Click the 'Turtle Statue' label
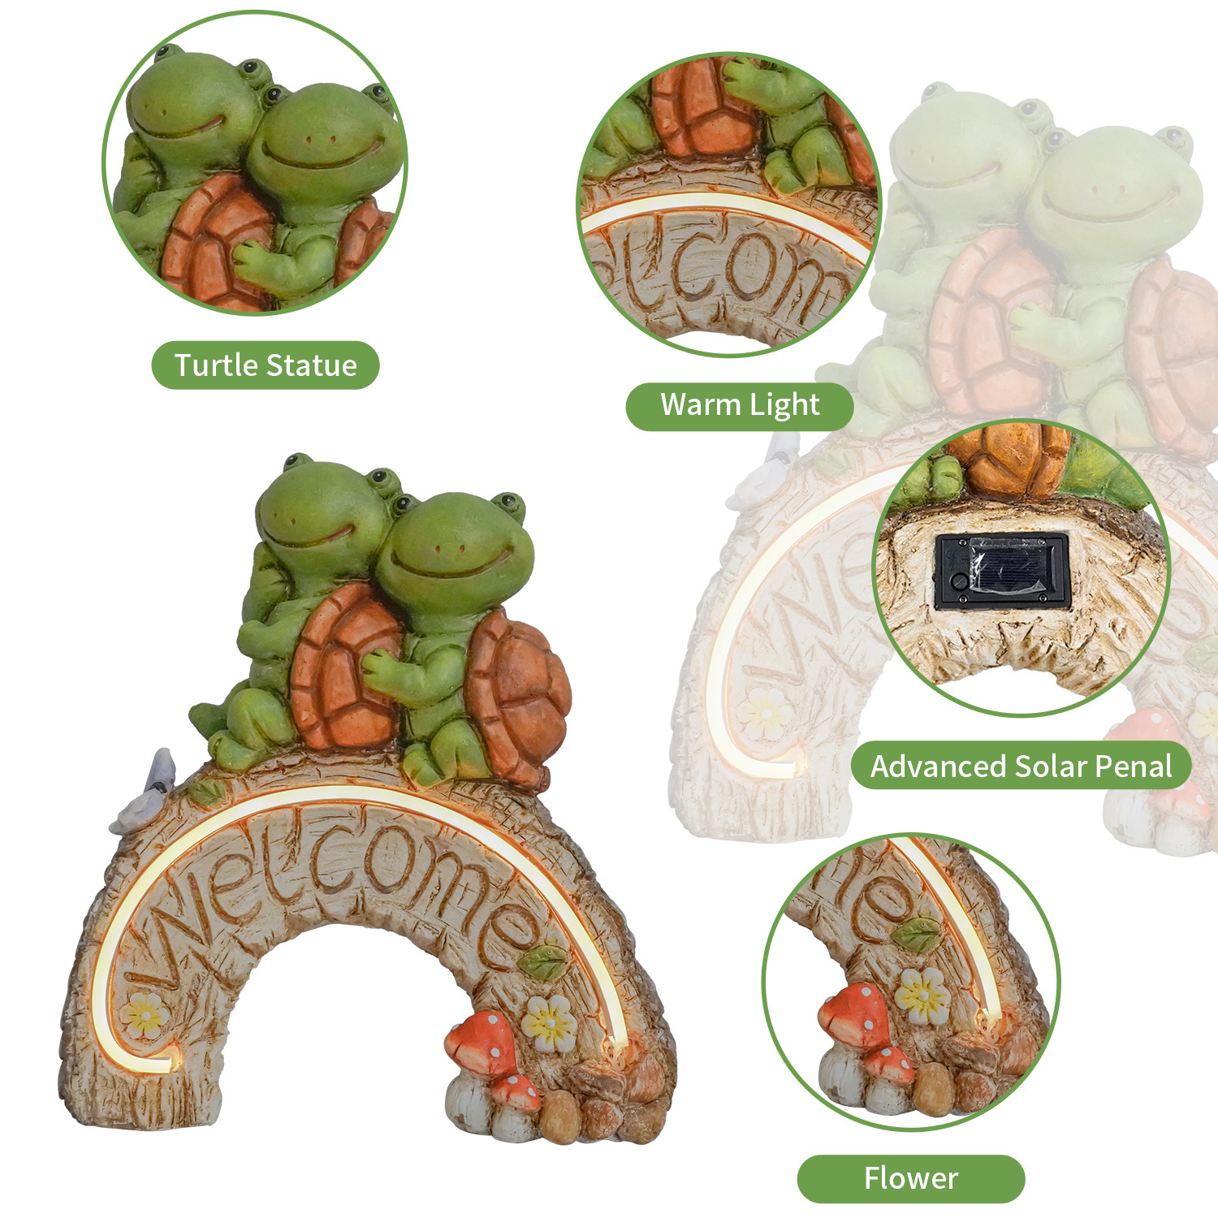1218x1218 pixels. click(x=266, y=365)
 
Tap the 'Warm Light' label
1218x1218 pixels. click(x=740, y=404)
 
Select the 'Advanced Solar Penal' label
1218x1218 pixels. click(x=1021, y=767)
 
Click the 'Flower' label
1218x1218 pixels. click(x=910, y=1178)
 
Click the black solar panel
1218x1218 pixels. click(x=1002, y=570)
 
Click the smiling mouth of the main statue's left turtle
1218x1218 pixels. click(x=309, y=536)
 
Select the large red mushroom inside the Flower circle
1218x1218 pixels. click(x=850, y=1015)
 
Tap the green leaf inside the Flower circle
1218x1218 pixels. click(x=917, y=934)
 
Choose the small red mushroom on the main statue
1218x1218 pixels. click(x=516, y=1091)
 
